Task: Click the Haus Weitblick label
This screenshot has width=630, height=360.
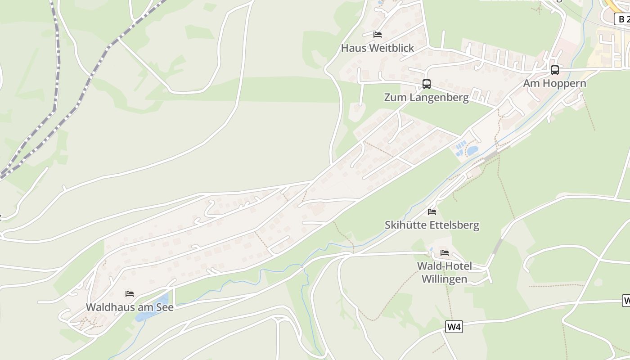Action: [x=377, y=48]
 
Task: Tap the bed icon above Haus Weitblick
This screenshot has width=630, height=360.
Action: [x=378, y=35]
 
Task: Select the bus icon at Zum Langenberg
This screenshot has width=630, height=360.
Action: [x=426, y=84]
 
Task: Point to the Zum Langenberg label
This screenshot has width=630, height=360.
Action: [x=426, y=97]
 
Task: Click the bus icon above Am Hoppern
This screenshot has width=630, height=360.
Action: [x=555, y=70]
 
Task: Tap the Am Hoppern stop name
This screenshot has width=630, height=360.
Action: [x=554, y=83]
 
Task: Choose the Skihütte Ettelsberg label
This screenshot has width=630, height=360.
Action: [x=432, y=225]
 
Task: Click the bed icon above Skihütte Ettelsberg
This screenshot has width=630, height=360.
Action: [x=432, y=211]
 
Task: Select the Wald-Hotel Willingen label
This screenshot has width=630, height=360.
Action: [x=444, y=272]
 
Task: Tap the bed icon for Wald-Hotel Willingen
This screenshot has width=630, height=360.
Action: [x=445, y=252]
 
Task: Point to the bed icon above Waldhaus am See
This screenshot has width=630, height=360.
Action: [x=130, y=294]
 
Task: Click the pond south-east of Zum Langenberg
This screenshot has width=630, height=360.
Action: [x=472, y=150]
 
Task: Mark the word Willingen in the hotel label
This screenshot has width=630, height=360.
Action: [x=444, y=279]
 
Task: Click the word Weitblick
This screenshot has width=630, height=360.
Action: [x=391, y=48]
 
